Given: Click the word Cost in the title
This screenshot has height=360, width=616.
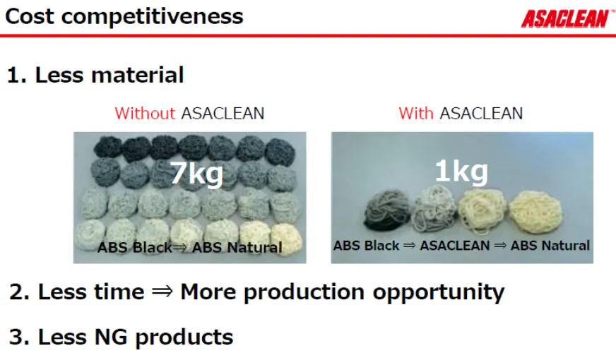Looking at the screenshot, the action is click(30, 16).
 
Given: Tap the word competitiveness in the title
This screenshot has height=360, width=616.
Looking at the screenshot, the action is click(152, 16).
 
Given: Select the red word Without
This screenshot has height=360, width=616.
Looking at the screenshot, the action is click(145, 114).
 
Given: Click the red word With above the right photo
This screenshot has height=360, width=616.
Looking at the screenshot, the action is click(416, 114).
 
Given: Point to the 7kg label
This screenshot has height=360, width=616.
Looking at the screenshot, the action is click(196, 172).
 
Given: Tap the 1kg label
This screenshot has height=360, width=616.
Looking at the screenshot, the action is click(461, 171).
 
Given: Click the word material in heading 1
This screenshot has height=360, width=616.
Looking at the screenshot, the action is click(138, 75).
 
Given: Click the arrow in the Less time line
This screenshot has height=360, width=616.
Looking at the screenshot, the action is click(162, 292).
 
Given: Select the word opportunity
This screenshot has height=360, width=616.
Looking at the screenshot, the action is click(439, 293).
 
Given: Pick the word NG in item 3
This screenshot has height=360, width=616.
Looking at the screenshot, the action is click(111, 337).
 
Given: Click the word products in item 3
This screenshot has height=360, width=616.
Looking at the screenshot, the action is click(184, 337).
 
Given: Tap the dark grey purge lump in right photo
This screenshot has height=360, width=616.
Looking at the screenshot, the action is click(387, 211).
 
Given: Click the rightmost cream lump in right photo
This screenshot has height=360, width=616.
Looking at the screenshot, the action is click(536, 212).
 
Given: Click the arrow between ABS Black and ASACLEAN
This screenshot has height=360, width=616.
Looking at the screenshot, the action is click(409, 246).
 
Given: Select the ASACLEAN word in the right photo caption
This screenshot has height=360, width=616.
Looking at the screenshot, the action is click(454, 246).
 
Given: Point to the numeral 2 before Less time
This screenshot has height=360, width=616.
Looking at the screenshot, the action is click(17, 292).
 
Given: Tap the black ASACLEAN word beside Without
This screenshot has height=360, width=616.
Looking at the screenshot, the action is click(223, 114).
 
